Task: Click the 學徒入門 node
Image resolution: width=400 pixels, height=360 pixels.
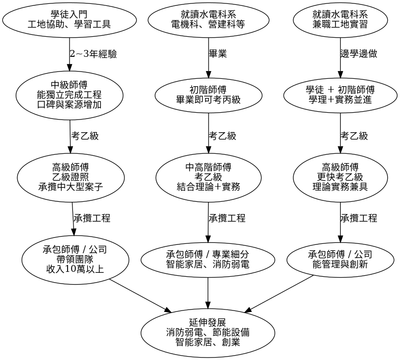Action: [x=69, y=19]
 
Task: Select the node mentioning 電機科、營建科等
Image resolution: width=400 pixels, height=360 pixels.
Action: [x=208, y=19]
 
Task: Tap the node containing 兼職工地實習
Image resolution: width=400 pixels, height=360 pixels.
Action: [x=340, y=19]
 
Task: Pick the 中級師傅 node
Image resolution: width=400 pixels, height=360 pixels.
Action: [x=69, y=95]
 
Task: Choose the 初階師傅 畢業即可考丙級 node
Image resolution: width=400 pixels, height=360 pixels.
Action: [x=208, y=95]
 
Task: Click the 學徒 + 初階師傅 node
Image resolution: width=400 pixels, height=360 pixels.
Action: [x=340, y=95]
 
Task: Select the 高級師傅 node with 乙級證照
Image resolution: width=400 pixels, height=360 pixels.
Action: [x=70, y=177]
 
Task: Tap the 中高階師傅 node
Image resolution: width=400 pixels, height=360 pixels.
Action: [x=208, y=177]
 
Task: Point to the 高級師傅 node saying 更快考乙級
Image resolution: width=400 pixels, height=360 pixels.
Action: [x=340, y=177]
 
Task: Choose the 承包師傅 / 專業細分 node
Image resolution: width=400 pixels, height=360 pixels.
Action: [x=208, y=260]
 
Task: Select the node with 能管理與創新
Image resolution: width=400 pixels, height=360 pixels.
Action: [x=340, y=260]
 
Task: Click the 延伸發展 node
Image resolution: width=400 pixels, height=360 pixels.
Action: [x=208, y=333]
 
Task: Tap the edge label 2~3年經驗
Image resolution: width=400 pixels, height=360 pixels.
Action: [x=94, y=54]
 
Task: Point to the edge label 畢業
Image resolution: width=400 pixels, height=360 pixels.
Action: [x=218, y=54]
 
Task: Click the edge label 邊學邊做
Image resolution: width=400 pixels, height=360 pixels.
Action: [x=359, y=54]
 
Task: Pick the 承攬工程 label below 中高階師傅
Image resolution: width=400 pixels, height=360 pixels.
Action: [x=227, y=218]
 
